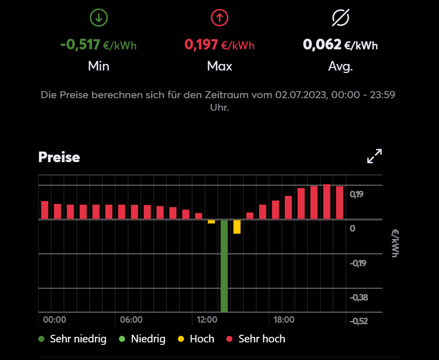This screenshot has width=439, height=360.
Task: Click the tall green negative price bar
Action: click(224, 265)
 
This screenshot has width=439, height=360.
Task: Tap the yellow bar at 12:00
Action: click(211, 222)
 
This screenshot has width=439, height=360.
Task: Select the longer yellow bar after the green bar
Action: click(237, 227)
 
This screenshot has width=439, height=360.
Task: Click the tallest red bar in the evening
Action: click(327, 201)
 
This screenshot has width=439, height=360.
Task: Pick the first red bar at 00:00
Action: click(45, 210)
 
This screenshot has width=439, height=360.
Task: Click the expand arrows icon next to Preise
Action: click(374, 156)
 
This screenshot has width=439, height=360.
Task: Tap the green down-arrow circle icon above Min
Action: click(98, 18)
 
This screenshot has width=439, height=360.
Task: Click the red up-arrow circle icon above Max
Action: click(220, 18)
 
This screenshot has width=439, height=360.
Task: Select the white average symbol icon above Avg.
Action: click(341, 18)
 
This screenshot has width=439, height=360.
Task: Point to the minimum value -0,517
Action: click(80, 45)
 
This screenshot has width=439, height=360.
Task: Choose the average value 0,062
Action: click(322, 45)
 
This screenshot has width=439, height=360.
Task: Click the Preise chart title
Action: click(59, 157)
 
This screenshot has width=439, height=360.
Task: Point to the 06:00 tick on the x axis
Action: click(132, 320)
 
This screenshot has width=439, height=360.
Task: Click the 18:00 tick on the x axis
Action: click(284, 320)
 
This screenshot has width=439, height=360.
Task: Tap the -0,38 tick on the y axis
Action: click(359, 298)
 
